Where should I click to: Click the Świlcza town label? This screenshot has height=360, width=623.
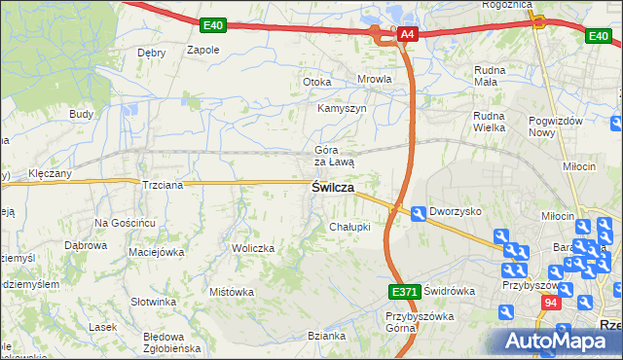[332, 187]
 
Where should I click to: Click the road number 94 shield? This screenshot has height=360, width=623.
[552, 305]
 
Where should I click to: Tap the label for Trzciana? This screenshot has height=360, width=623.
[163, 184]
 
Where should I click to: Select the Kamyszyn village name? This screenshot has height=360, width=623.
[341, 108]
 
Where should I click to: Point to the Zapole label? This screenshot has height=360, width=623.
[202, 49]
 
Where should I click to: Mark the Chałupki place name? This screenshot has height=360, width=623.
[349, 227]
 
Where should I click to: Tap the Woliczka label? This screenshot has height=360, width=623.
[252, 248]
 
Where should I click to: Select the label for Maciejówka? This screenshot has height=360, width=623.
[157, 253]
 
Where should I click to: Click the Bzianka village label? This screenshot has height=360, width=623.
[327, 336]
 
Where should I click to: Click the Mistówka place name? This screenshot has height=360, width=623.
[232, 292]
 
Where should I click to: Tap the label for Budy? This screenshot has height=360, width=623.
[81, 114]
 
